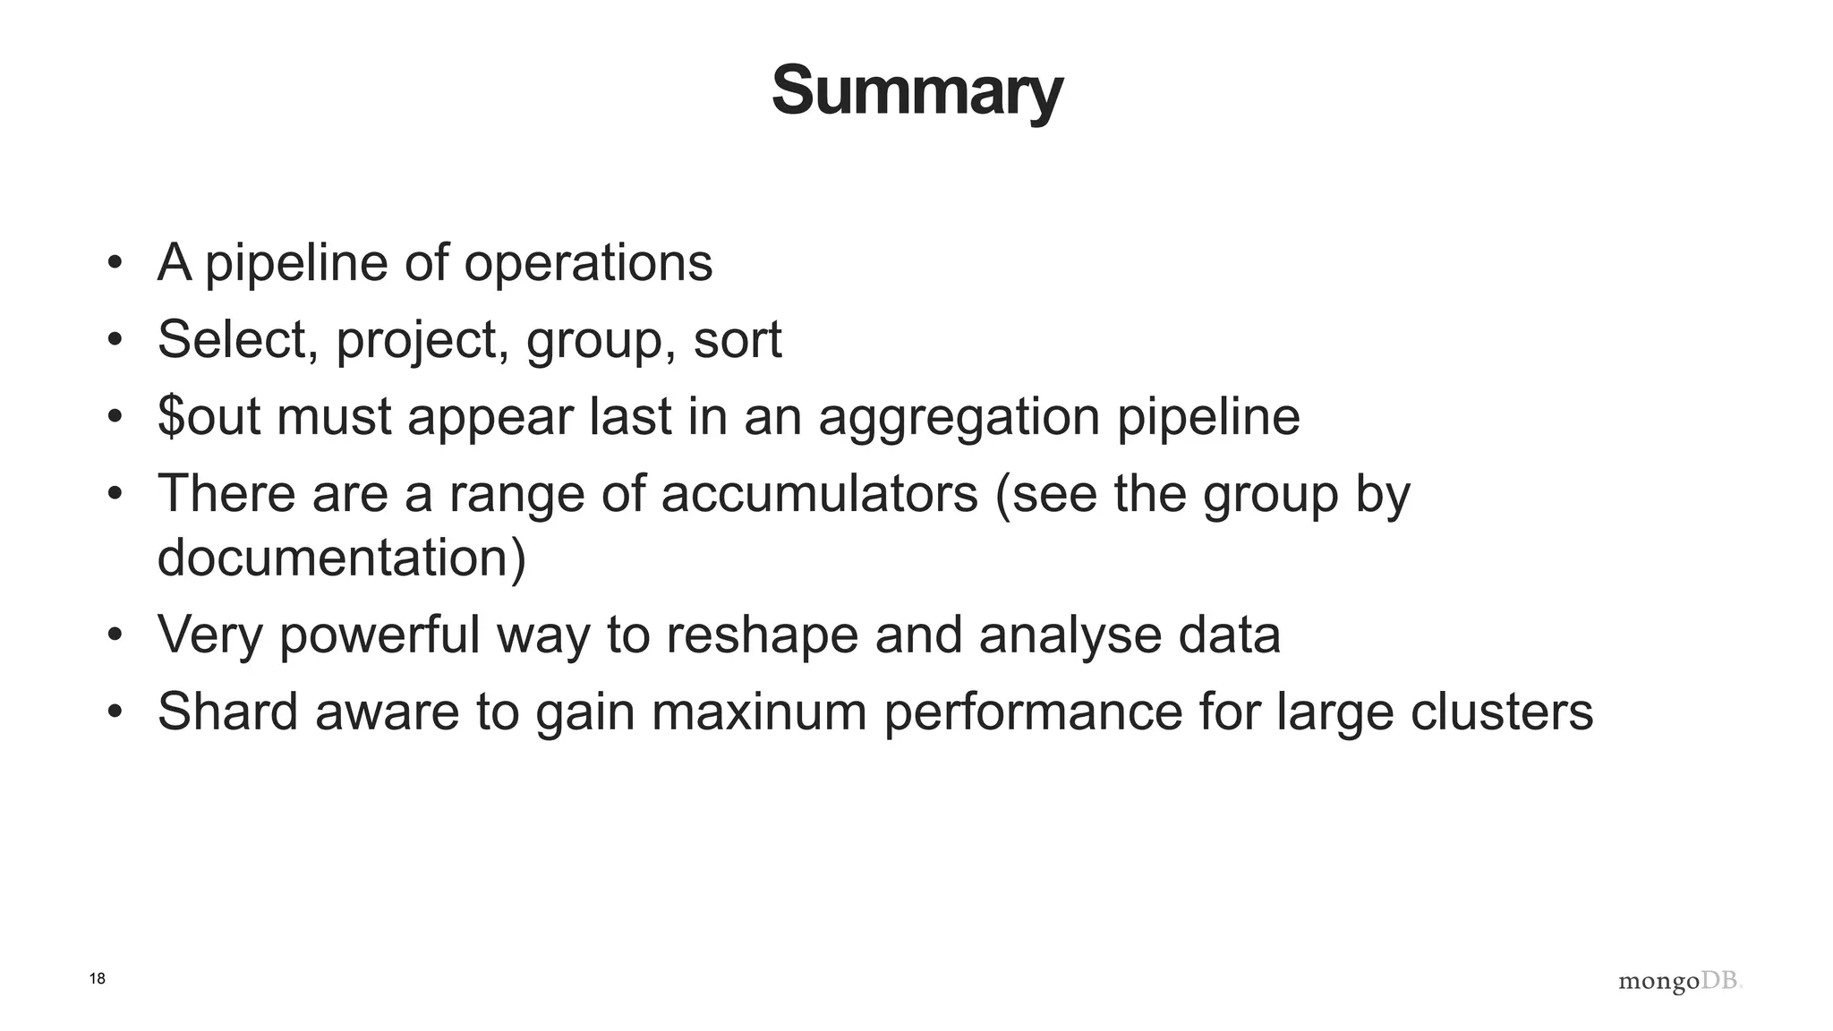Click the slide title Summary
tap(916, 91)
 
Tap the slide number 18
tap(98, 979)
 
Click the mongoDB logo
tap(1680, 982)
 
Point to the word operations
tap(588, 263)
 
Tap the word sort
tap(737, 340)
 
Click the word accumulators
tap(819, 494)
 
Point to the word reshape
tap(762, 635)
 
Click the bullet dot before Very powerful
tap(114, 635)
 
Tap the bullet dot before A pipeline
tap(114, 263)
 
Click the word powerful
tap(379, 635)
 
